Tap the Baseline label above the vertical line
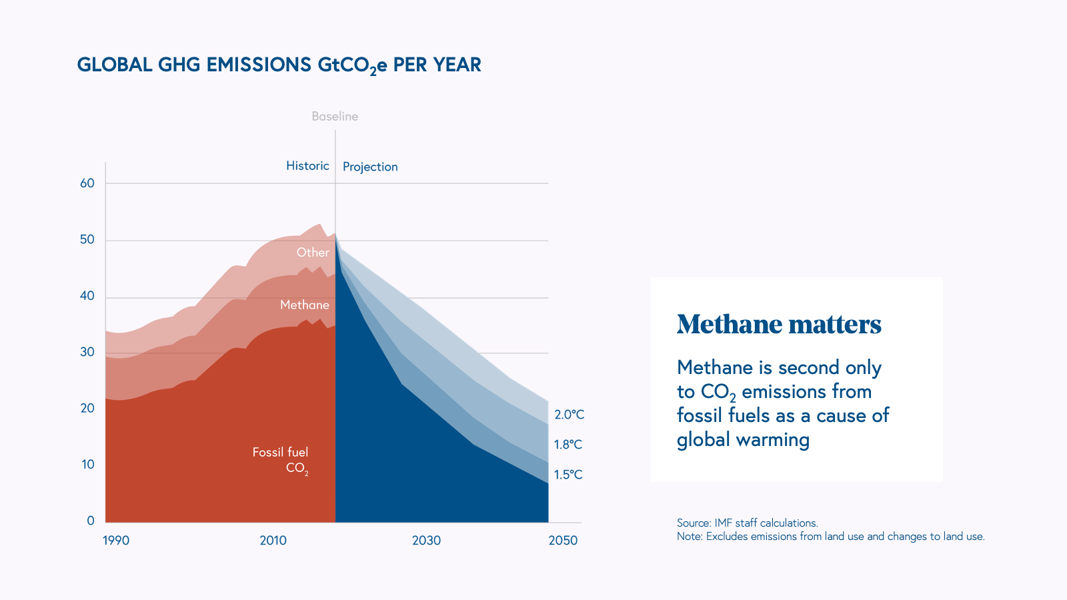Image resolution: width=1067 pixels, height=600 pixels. pyautogui.click(x=335, y=117)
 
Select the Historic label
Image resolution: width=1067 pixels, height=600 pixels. pyautogui.click(x=307, y=166)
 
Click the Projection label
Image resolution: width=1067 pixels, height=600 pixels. pyautogui.click(x=370, y=167)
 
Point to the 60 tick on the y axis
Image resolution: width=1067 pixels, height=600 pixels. pyautogui.click(x=87, y=183)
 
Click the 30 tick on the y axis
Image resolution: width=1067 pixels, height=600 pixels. pyautogui.click(x=87, y=352)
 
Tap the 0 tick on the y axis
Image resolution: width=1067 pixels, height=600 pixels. pyautogui.click(x=91, y=521)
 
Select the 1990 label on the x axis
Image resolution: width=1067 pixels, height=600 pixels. pyautogui.click(x=116, y=541)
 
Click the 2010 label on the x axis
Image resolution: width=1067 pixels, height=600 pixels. pyautogui.click(x=273, y=541)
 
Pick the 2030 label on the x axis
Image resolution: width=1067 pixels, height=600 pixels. pyautogui.click(x=426, y=541)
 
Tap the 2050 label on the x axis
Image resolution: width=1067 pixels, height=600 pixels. pyautogui.click(x=563, y=541)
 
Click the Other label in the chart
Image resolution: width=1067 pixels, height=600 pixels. pyautogui.click(x=313, y=253)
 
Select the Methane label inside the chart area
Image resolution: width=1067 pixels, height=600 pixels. pyautogui.click(x=305, y=305)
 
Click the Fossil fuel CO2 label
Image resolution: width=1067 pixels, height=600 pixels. pyautogui.click(x=281, y=460)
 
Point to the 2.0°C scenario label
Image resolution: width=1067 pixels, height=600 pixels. pyautogui.click(x=569, y=415)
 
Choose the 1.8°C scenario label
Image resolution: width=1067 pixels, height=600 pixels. pyautogui.click(x=568, y=445)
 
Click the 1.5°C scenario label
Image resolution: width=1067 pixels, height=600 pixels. pyautogui.click(x=568, y=475)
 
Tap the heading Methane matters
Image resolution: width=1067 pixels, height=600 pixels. pyautogui.click(x=779, y=325)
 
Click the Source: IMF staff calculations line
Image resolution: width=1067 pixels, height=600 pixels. pyautogui.click(x=747, y=523)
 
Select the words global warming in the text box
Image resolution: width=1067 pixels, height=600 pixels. pyautogui.click(x=743, y=440)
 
